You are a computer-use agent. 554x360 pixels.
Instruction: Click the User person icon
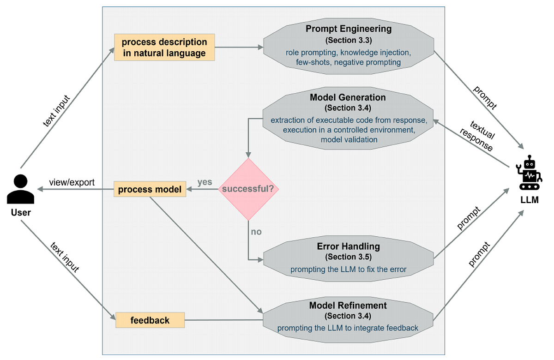click(x=21, y=189)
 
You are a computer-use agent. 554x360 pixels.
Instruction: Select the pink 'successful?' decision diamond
click(x=249, y=189)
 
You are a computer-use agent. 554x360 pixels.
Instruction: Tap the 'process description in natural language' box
click(x=164, y=48)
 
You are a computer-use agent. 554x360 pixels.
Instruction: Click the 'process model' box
click(x=150, y=190)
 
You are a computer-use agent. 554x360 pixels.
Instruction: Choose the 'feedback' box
click(x=150, y=320)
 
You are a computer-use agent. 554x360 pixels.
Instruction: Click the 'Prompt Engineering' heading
click(x=349, y=29)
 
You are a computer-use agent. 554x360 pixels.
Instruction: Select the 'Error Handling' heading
click(x=348, y=246)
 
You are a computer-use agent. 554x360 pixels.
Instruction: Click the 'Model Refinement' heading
click(x=348, y=306)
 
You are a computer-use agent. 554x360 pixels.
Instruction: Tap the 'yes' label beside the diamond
click(x=205, y=182)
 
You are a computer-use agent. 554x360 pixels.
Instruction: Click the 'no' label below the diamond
click(x=256, y=232)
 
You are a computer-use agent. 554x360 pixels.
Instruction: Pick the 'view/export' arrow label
click(x=72, y=182)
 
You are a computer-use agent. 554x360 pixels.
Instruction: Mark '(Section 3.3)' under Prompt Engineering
click(x=349, y=40)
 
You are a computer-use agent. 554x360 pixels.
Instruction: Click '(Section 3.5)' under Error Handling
click(x=348, y=257)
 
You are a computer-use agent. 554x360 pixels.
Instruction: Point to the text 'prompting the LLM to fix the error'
click(x=348, y=269)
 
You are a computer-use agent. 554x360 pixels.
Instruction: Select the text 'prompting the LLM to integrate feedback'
click(x=348, y=328)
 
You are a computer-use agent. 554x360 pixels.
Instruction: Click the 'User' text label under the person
click(x=21, y=213)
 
